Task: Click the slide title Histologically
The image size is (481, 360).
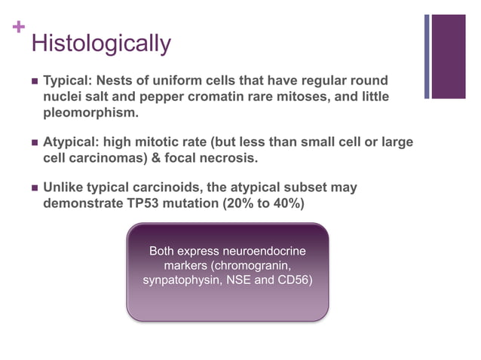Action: click(101, 43)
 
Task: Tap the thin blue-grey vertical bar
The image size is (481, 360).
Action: click(427, 56)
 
